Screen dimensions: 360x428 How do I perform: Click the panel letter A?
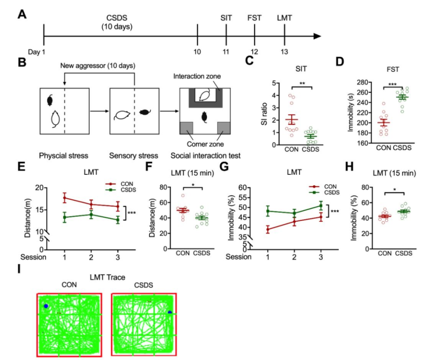point(21,14)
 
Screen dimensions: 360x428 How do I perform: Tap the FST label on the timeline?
point(254,18)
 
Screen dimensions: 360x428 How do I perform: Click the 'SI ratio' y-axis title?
point(263,113)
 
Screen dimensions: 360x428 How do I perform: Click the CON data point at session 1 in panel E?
point(65,198)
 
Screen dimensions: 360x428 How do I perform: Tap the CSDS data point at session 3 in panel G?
point(321,205)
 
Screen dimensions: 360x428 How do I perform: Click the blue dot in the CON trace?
point(46,306)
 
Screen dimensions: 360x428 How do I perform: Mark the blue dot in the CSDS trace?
point(169,312)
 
